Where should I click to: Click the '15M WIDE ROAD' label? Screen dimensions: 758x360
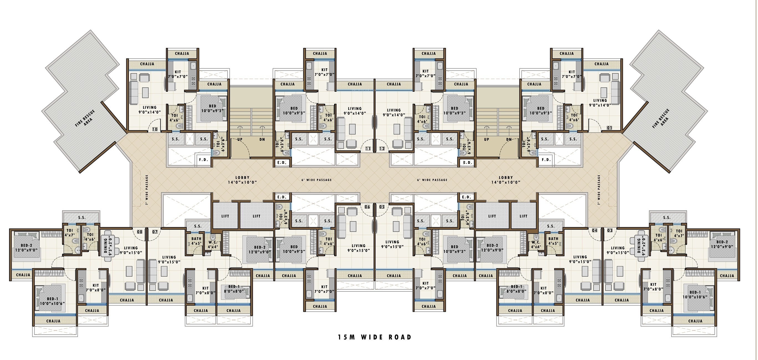pyautogui.click(x=375, y=337)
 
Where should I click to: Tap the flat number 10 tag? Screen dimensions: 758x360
pyautogui.click(x=155, y=129)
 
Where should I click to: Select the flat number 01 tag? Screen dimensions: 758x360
pyautogui.click(x=609, y=128)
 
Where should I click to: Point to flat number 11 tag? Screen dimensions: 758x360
pyautogui.click(x=368, y=148)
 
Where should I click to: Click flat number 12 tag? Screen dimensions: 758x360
pyautogui.click(x=382, y=148)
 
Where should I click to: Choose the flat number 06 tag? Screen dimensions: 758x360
pyautogui.click(x=367, y=207)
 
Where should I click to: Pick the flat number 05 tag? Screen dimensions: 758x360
pyautogui.click(x=382, y=207)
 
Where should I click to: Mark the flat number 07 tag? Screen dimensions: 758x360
pyautogui.click(x=155, y=232)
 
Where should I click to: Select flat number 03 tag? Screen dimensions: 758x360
pyautogui.click(x=610, y=230)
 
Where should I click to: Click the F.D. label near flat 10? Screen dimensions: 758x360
pyautogui.click(x=203, y=160)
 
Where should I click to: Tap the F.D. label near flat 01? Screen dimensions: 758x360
pyautogui.click(x=546, y=160)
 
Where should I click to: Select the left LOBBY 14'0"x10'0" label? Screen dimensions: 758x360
pyautogui.click(x=242, y=180)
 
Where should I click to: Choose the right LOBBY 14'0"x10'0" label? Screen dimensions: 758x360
pyautogui.click(x=506, y=180)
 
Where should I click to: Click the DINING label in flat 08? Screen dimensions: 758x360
pyautogui.click(x=108, y=246)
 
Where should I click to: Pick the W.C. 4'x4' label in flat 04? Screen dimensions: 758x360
pyautogui.click(x=536, y=245)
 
